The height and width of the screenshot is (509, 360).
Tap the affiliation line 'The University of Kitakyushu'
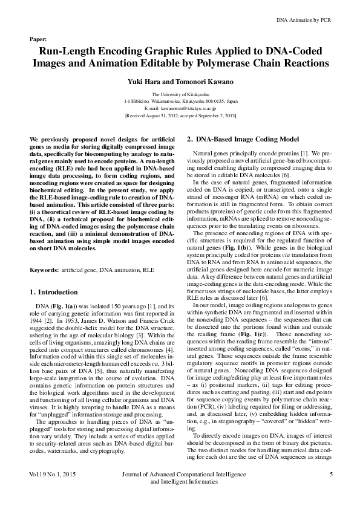(180, 95)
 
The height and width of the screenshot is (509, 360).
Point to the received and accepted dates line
(180, 114)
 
